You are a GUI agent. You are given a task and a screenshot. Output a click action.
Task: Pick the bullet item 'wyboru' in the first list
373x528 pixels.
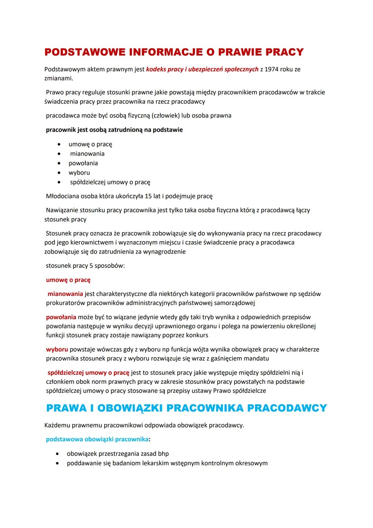79,173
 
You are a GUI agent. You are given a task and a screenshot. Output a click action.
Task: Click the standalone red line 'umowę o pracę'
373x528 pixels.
68,280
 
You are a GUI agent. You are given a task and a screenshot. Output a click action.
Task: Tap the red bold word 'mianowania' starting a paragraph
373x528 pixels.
65,294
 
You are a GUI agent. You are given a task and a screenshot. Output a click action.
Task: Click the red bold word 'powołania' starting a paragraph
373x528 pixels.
61,317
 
